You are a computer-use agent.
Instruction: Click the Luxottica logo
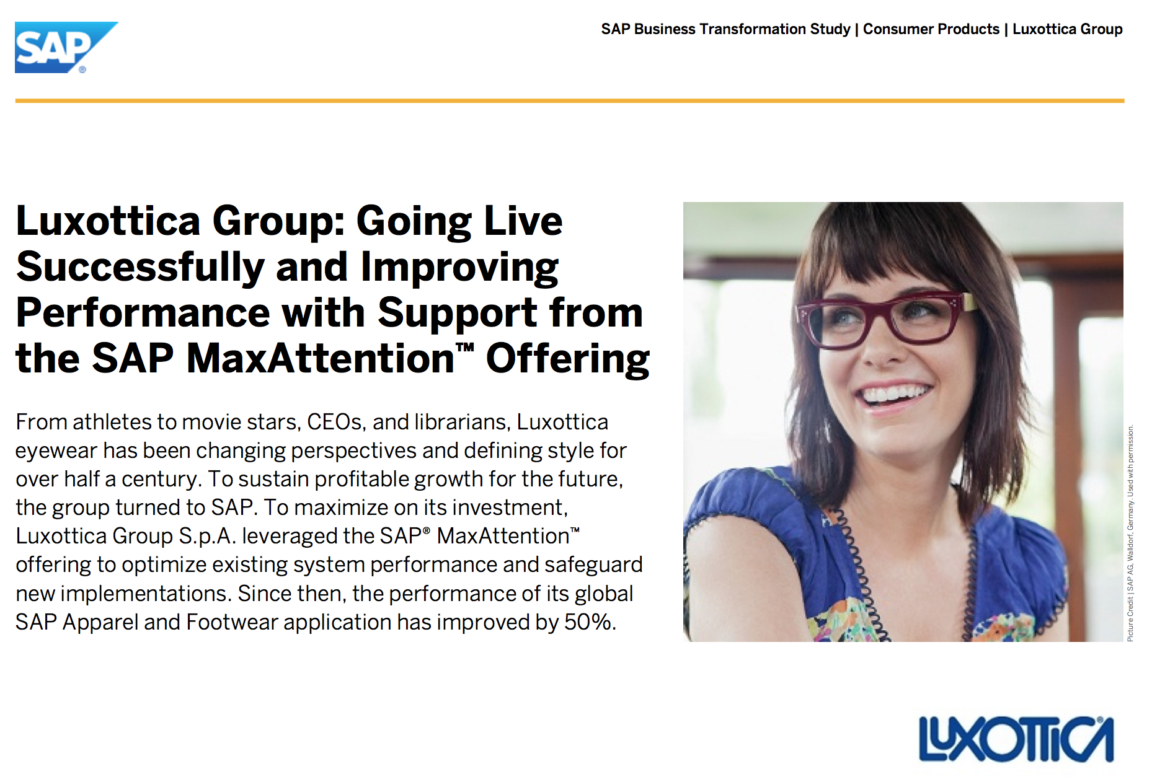tap(1016, 739)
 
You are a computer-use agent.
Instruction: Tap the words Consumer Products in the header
tap(931, 29)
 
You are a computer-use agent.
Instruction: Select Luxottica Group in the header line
tap(1068, 29)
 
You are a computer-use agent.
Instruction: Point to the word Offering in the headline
tap(568, 359)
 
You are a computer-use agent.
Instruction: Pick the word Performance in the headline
tap(143, 312)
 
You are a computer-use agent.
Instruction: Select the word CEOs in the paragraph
tap(336, 422)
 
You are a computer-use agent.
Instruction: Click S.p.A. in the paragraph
tap(208, 536)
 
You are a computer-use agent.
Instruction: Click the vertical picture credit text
tap(1130, 533)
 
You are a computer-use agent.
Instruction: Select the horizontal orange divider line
tap(570, 100)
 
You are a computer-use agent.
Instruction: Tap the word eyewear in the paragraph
tap(56, 451)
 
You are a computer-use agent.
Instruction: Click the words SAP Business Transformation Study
tap(725, 29)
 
